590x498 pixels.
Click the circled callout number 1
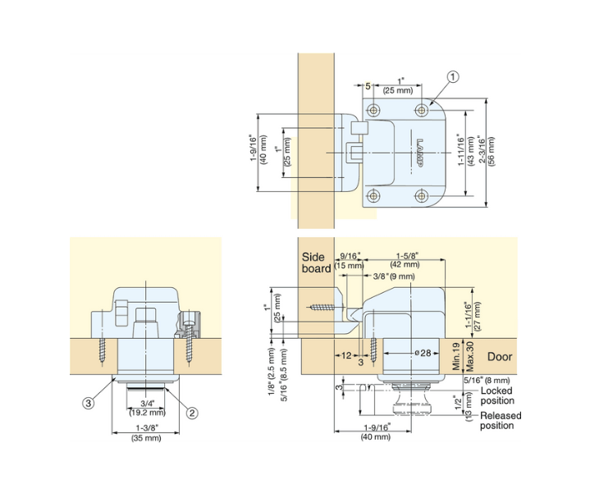click(x=452, y=77)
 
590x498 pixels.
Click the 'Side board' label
click(x=316, y=263)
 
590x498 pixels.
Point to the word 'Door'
click(x=500, y=357)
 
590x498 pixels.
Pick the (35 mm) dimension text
click(x=146, y=438)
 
